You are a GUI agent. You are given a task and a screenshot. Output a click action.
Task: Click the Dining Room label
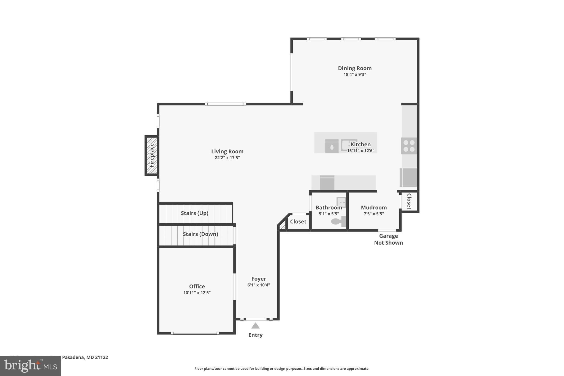pyautogui.click(x=355, y=68)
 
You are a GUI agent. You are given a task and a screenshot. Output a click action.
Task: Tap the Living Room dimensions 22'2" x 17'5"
pyautogui.click(x=227, y=158)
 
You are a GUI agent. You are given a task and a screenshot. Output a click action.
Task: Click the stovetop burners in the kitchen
pyautogui.click(x=409, y=146)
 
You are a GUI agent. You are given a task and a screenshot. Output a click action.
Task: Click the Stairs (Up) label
pyautogui.click(x=194, y=213)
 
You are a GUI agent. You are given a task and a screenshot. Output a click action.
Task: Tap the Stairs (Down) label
pyautogui.click(x=200, y=234)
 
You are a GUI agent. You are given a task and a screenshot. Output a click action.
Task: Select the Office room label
pyautogui.click(x=197, y=286)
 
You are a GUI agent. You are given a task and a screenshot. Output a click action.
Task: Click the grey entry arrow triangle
pyautogui.click(x=255, y=326)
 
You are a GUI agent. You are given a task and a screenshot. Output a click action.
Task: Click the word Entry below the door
pyautogui.click(x=255, y=335)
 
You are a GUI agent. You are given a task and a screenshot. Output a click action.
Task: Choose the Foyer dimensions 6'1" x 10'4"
pyautogui.click(x=259, y=285)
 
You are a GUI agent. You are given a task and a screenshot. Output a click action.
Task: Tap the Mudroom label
pyautogui.click(x=374, y=208)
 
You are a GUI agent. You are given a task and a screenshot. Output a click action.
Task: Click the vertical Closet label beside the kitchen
pyautogui.click(x=409, y=201)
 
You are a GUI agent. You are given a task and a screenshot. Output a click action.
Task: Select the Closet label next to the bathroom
pyautogui.click(x=298, y=222)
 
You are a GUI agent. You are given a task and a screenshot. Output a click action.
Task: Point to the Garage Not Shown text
pyautogui.click(x=388, y=239)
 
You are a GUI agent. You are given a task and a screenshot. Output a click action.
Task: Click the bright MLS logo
pyautogui.click(x=31, y=366)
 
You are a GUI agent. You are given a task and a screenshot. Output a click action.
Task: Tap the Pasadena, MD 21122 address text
pyautogui.click(x=85, y=357)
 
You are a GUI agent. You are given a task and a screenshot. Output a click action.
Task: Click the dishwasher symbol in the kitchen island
pyautogui.click(x=332, y=146)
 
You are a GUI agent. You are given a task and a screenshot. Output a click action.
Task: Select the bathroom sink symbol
pyautogui.click(x=341, y=202)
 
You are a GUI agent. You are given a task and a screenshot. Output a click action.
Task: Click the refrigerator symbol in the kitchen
pyautogui.click(x=408, y=178)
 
